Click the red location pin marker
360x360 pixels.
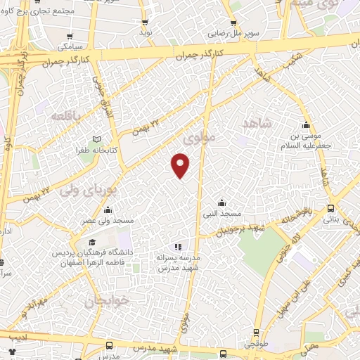coord(181,165)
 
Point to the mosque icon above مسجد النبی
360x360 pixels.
coord(221,202)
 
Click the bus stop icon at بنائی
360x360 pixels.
coord(330,208)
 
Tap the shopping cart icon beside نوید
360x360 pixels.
coord(146,22)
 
